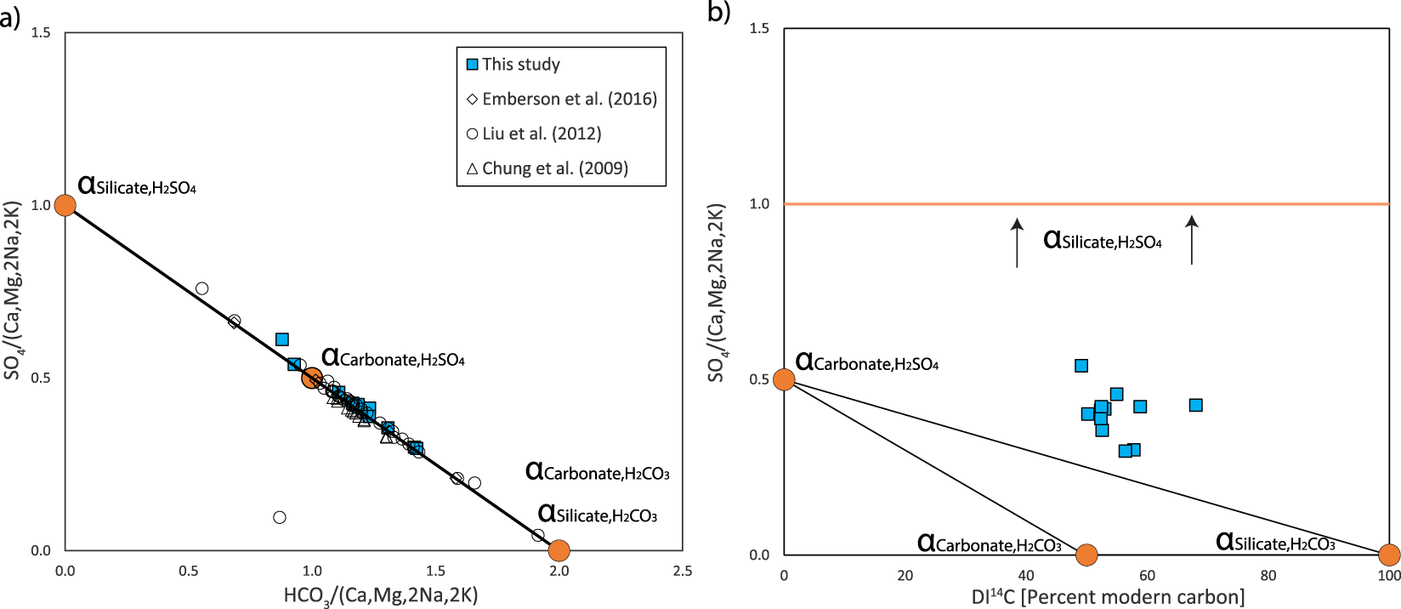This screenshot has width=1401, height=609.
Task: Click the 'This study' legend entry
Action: [x=513, y=65]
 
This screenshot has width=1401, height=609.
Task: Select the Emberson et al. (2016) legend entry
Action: [x=562, y=99]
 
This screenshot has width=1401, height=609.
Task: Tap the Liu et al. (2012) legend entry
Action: [x=534, y=134]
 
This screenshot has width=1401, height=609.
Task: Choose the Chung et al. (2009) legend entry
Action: [x=547, y=168]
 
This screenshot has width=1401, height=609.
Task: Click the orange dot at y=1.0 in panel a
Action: [x=65, y=205]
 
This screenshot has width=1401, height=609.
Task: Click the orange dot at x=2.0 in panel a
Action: [x=559, y=550]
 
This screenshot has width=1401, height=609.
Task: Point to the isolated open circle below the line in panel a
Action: [x=280, y=517]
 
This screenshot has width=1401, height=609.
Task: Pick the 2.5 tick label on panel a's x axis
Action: [x=682, y=572]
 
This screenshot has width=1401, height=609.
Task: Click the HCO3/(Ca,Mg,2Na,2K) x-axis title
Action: [x=381, y=595]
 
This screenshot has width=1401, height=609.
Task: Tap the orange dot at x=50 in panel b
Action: [x=1086, y=555]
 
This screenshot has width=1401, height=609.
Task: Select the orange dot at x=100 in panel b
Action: [x=1388, y=555]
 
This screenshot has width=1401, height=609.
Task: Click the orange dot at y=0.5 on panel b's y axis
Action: [x=784, y=379]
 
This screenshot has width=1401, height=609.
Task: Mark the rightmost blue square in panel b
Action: [x=1195, y=405]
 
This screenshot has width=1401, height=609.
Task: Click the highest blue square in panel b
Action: [x=1081, y=366]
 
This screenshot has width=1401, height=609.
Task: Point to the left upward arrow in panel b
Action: [x=1017, y=243]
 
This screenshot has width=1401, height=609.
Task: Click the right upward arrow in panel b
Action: [x=1192, y=241]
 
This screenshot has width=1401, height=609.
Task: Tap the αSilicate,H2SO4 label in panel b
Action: [x=1103, y=241]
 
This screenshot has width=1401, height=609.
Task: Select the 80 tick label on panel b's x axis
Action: [x=1268, y=576]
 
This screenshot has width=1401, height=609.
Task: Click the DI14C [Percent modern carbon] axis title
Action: [x=1108, y=597]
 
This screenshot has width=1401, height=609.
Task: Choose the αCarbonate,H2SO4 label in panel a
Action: [x=393, y=358]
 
